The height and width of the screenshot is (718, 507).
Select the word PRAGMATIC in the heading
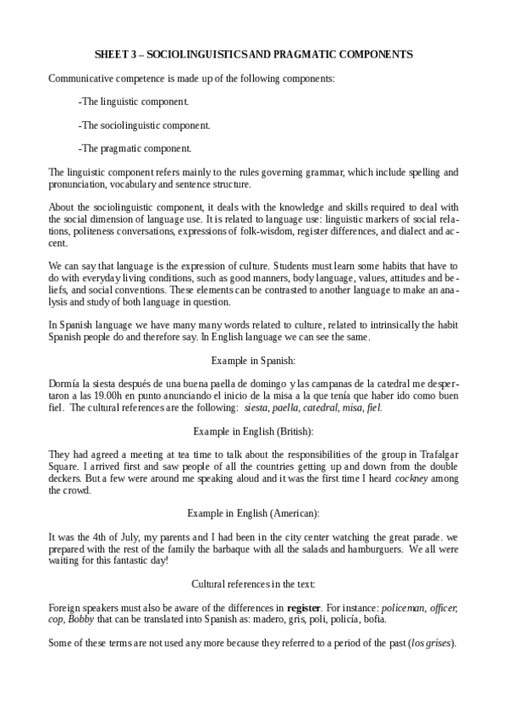(x=304, y=54)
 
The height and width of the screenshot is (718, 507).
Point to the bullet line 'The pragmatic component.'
(x=135, y=148)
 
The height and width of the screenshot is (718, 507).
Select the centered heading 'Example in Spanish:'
(x=253, y=360)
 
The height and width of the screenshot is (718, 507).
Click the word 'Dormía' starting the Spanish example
(x=66, y=384)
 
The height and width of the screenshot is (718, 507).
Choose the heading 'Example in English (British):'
(x=253, y=431)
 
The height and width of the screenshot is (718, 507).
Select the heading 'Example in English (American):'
(x=253, y=513)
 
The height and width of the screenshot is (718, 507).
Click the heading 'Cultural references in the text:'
(x=253, y=584)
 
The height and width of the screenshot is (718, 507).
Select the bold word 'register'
(x=303, y=608)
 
